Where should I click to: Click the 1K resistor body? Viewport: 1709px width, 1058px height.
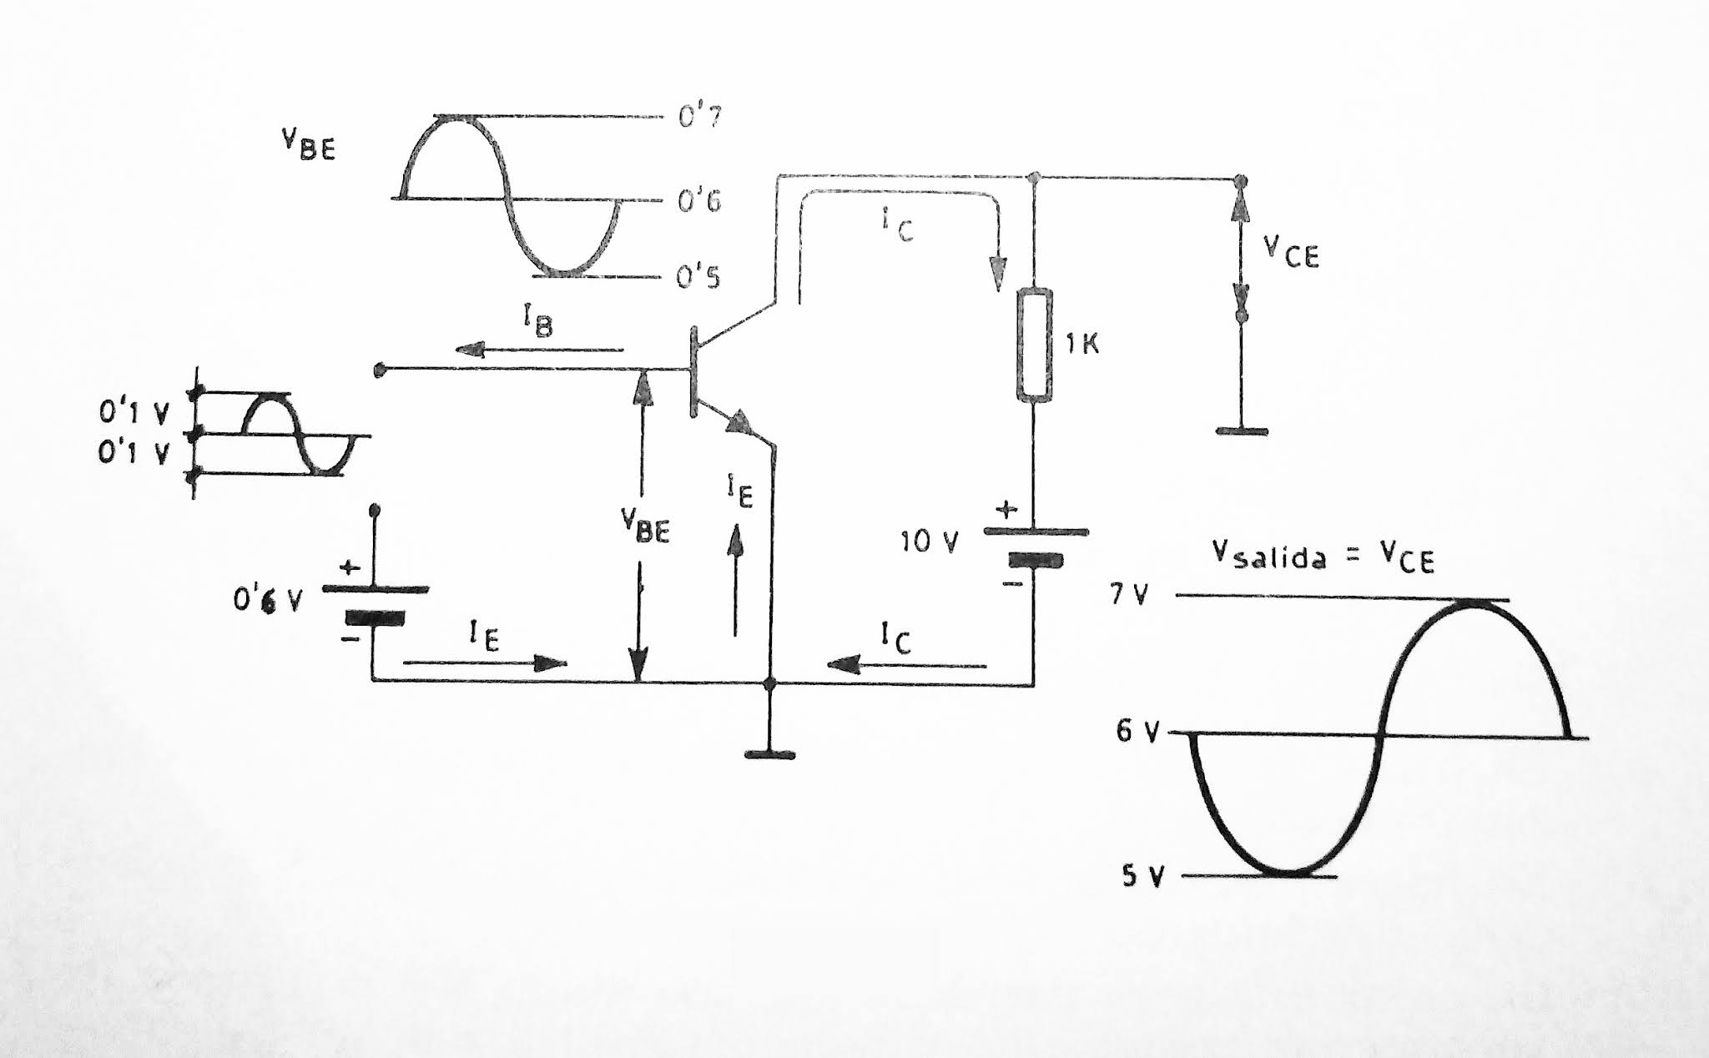click(1035, 345)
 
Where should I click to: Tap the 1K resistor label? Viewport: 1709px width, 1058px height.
click(1082, 344)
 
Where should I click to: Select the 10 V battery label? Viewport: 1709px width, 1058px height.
click(929, 542)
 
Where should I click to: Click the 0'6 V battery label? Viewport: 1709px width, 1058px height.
click(268, 601)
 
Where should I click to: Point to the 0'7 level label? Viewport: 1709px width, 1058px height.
click(699, 117)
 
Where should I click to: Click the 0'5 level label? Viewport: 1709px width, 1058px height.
click(698, 276)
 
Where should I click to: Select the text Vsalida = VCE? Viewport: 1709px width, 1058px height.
click(1323, 557)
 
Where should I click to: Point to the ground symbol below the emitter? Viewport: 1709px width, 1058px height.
click(769, 755)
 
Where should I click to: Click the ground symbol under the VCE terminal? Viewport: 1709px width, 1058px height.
click(1242, 431)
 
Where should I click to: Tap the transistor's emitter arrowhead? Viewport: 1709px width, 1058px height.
click(739, 423)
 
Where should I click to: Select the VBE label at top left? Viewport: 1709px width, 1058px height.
click(308, 147)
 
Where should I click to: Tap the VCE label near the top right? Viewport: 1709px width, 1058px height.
click(1290, 250)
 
